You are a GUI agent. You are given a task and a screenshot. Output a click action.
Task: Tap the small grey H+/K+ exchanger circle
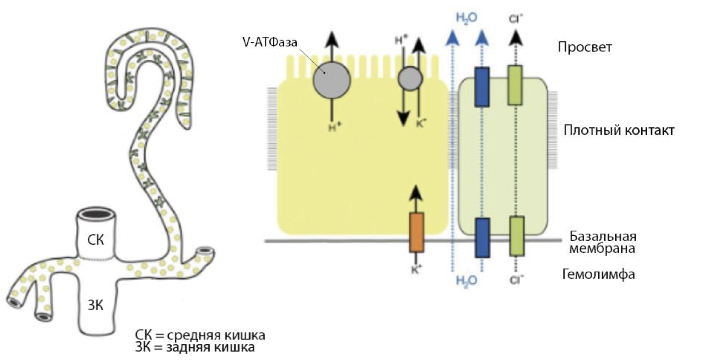410,78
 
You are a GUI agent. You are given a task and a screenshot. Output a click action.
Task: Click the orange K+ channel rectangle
416,232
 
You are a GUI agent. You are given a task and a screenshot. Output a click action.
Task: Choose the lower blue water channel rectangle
482,236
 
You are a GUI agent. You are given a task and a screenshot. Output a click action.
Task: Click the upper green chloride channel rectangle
515,85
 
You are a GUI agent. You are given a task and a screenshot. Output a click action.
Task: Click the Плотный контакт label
619,130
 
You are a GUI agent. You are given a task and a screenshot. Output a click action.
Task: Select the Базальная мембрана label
603,242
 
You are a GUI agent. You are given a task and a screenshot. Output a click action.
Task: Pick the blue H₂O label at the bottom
466,280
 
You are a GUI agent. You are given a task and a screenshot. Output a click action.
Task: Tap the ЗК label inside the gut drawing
95,306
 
